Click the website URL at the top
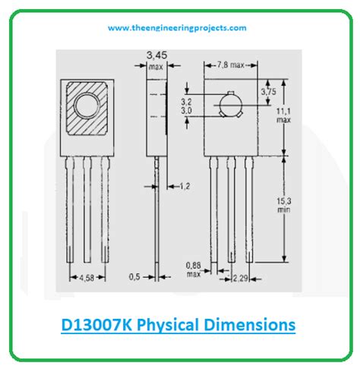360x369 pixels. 177,28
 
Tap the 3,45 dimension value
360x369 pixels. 157,55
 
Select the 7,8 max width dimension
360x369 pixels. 231,65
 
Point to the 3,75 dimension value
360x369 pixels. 269,92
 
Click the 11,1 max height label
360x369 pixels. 283,115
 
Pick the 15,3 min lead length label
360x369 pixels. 284,205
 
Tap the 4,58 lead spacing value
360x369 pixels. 87,278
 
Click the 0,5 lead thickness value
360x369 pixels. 134,277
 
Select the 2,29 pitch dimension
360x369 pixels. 240,279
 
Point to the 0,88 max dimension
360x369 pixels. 194,270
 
